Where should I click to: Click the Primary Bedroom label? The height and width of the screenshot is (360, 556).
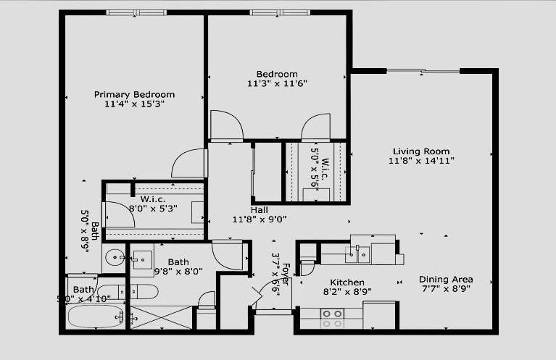(134, 94)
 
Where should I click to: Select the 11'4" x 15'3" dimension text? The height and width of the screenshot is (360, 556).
(134, 104)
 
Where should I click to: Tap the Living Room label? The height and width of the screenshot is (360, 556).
(412, 151)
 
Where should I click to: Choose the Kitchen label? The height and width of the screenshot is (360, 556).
(347, 282)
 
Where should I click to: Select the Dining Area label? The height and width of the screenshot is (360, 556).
(446, 280)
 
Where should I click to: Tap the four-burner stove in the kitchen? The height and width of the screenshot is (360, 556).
(332, 317)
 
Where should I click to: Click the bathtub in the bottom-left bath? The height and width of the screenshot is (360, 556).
(96, 317)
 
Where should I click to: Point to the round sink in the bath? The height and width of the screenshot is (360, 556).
(114, 257)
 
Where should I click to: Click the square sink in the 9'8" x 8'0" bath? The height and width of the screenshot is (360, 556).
(142, 259)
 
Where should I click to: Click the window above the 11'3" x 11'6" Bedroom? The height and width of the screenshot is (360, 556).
(280, 12)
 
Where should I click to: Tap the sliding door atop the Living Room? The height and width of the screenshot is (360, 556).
(423, 71)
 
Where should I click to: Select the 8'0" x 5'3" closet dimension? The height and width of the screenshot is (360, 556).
(153, 208)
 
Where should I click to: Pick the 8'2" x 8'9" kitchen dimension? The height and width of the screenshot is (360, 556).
(347, 293)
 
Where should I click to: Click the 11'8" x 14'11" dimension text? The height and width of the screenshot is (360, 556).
(412, 160)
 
